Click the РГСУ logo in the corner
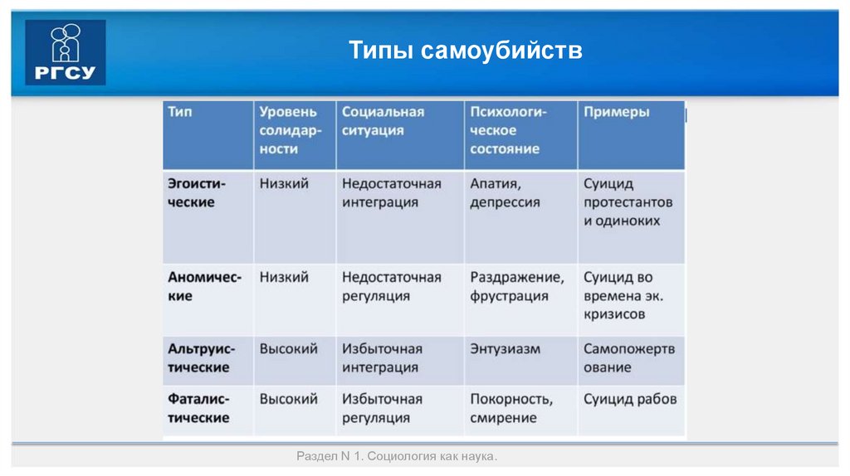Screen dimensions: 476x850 (x=66, y=53)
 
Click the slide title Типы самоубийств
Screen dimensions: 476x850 (x=465, y=51)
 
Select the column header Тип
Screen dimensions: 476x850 (x=180, y=112)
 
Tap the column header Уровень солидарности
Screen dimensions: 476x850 (x=288, y=130)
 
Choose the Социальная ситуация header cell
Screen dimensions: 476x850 (x=383, y=121)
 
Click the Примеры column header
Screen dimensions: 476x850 (x=617, y=112)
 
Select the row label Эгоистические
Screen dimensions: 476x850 (x=197, y=192)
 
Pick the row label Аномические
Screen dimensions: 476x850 (x=204, y=286)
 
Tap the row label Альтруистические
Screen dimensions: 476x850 (x=202, y=358)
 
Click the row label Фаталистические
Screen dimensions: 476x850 (x=199, y=408)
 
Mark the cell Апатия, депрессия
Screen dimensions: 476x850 (x=505, y=192)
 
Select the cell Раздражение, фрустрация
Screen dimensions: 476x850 (x=516, y=286)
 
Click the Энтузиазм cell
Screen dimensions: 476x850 (x=505, y=349)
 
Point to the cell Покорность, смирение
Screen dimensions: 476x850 (x=510, y=408)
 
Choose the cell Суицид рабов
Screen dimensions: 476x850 (x=630, y=399)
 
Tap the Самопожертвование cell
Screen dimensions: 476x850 (x=629, y=358)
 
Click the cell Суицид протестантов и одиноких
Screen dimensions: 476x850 (x=628, y=202)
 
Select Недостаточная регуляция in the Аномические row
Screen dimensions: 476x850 (x=391, y=286)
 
